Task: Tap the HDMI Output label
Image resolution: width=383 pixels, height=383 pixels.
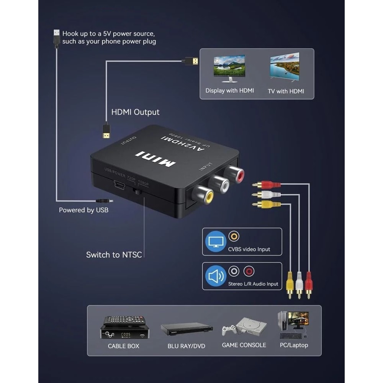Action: click(x=135, y=112)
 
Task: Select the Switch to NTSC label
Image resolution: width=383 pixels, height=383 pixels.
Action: click(x=114, y=255)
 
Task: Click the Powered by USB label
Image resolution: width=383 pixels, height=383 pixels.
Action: click(x=83, y=210)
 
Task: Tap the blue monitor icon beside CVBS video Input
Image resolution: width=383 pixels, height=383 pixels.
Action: click(x=216, y=242)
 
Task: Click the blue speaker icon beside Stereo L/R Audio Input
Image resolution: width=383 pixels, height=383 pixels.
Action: click(x=216, y=276)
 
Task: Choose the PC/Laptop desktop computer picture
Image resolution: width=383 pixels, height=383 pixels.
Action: click(x=293, y=325)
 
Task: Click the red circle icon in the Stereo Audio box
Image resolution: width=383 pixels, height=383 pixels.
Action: click(x=249, y=272)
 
